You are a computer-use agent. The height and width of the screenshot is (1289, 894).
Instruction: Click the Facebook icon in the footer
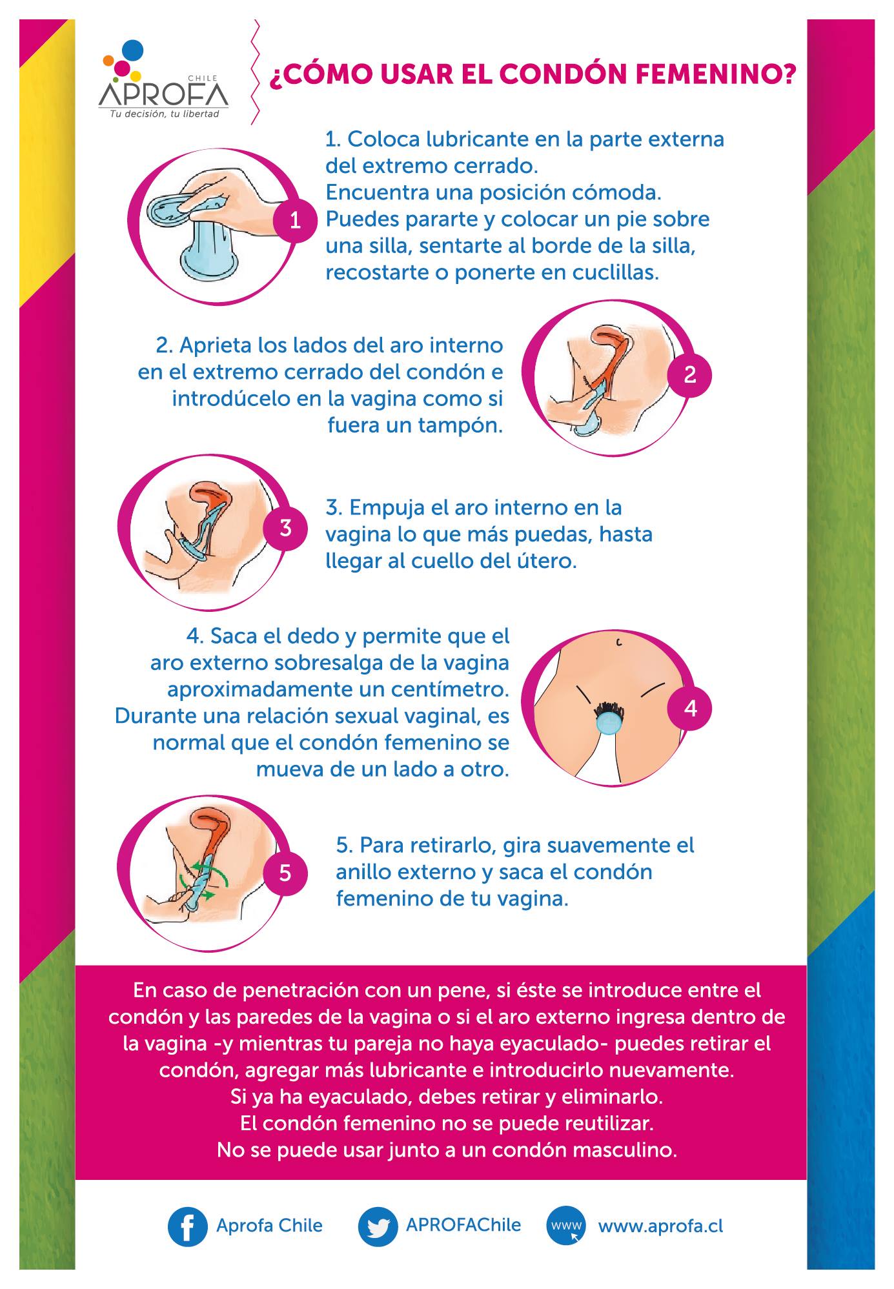point(187,1226)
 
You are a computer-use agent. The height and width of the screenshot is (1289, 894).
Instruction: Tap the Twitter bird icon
point(378,1226)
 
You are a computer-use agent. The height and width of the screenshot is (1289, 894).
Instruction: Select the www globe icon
point(567,1226)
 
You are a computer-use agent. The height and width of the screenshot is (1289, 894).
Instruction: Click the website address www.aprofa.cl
point(660,1226)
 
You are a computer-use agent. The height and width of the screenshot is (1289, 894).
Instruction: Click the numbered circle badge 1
point(296,221)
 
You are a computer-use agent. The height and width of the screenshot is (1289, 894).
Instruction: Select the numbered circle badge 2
point(690,374)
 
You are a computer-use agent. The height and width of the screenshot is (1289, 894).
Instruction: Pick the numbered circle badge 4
point(690,708)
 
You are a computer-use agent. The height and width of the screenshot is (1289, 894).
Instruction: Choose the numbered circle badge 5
point(285,873)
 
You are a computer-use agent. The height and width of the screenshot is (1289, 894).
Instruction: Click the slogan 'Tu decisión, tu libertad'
point(164,114)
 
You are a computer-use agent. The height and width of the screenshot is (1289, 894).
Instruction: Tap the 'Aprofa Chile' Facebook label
point(269,1225)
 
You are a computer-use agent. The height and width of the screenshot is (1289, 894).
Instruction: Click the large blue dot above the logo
point(132,50)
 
